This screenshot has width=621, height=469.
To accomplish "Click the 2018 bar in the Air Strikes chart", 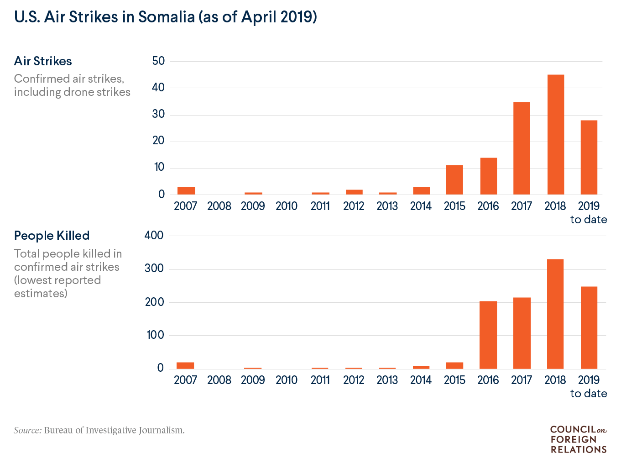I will (555, 135).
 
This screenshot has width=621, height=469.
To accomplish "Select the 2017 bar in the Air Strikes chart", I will (522, 148).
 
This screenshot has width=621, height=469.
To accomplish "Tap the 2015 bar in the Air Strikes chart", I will (454, 180).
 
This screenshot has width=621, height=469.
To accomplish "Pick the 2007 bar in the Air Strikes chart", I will (186, 191).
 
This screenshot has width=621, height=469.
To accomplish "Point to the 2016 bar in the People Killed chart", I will (488, 335).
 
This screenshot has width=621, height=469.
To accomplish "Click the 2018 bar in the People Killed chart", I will (555, 314).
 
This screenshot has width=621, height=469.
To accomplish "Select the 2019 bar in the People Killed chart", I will (589, 327).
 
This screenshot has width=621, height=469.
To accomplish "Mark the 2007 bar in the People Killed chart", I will (185, 365).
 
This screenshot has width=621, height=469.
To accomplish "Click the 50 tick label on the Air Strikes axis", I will (158, 61).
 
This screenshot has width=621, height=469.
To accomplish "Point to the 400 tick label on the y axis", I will (154, 235).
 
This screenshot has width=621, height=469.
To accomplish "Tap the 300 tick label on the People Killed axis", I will (154, 269).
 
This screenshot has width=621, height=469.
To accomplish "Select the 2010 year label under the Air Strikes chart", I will (287, 206).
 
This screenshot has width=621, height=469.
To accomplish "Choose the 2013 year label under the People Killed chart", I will (387, 380).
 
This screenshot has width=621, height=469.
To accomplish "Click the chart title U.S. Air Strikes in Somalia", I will (165, 17).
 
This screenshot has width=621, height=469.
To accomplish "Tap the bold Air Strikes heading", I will (43, 61).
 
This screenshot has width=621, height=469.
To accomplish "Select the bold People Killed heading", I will (52, 236).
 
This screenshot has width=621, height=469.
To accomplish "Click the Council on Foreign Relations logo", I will (578, 439).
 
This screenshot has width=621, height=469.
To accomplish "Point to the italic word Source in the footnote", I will (27, 430).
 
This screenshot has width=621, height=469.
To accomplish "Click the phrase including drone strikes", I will (72, 92).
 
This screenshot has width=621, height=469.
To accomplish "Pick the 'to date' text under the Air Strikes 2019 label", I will (589, 220).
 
